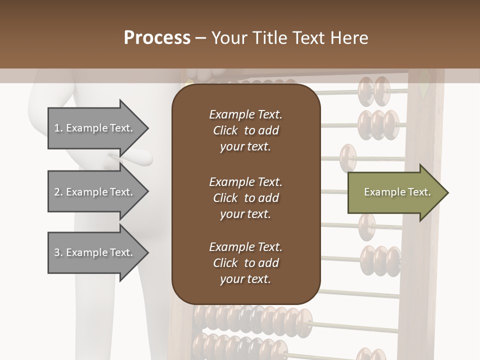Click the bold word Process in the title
pyautogui.click(x=157, y=37)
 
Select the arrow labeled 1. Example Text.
pyautogui.click(x=95, y=128)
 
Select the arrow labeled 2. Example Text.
pyautogui.click(x=95, y=192)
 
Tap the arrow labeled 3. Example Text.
pyautogui.click(x=95, y=252)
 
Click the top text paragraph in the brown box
pyautogui.click(x=245, y=130)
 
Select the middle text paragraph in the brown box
pyautogui.click(x=245, y=197)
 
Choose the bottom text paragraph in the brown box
pyautogui.click(x=245, y=263)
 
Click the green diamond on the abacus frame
pyautogui.click(x=424, y=83)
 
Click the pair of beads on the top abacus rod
pyautogui.click(x=374, y=90)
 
